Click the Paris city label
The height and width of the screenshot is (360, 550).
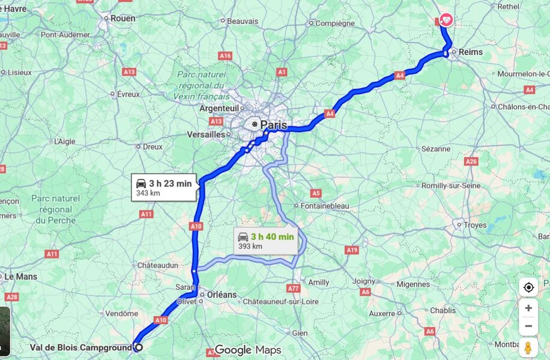(273, 125)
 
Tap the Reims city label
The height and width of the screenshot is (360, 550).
(471, 52)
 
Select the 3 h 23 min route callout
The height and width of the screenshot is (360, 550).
(164, 187)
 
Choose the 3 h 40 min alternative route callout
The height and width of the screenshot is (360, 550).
(266, 240)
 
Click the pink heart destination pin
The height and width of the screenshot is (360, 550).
(446, 20)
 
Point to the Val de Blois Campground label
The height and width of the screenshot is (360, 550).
(80, 347)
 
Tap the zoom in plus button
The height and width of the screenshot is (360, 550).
(528, 308)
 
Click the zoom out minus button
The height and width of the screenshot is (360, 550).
(528, 326)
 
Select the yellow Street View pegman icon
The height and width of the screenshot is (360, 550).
(528, 347)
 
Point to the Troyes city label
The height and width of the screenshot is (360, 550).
(474, 225)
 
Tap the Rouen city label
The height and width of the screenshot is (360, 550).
(122, 19)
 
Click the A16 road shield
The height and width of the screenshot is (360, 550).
(225, 55)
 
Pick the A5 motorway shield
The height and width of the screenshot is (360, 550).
(316, 193)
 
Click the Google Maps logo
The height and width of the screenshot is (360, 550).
(248, 350)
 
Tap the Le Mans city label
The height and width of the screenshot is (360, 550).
(20, 277)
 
